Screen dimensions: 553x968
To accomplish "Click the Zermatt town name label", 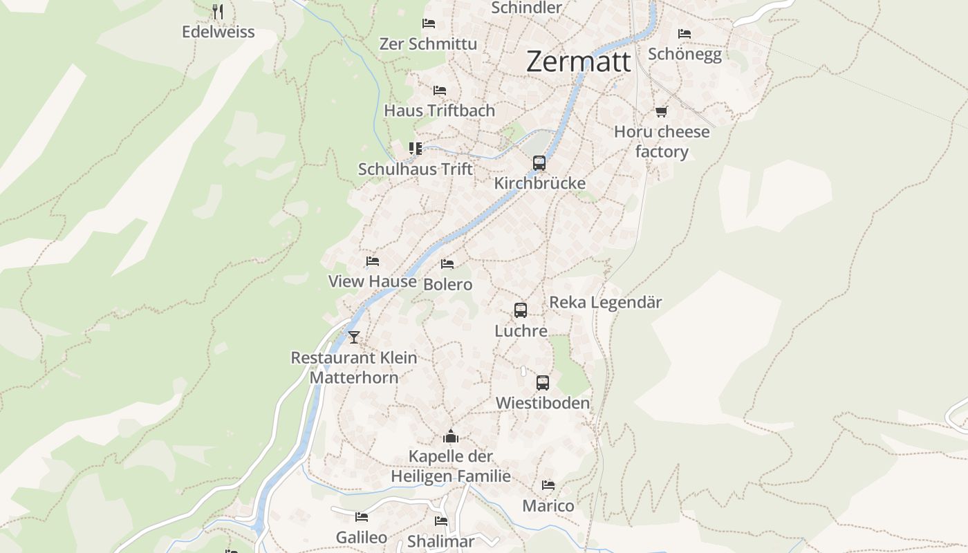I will [x=579, y=62].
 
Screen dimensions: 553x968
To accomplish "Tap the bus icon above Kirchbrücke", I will [x=539, y=163].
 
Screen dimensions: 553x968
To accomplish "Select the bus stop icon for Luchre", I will [x=521, y=310].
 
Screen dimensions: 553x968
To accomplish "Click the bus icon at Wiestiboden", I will [x=543, y=382].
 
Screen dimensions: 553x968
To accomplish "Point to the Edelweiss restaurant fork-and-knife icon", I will [x=218, y=12].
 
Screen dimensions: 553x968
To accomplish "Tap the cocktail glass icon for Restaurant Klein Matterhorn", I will [x=354, y=337].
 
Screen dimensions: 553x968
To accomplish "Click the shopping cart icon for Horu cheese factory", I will [x=662, y=111].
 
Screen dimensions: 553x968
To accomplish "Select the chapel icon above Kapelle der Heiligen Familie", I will [x=451, y=436].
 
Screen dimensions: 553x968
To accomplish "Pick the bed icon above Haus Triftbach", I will [x=439, y=91].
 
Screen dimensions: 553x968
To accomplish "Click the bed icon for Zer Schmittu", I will [x=429, y=24].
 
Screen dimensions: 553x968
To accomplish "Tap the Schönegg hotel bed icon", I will [x=685, y=33].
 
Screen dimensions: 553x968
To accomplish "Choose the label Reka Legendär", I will [x=605, y=302].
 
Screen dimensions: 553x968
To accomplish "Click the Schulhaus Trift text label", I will [x=416, y=169].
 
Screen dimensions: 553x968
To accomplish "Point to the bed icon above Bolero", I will [x=447, y=264].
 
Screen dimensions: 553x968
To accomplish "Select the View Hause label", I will [x=372, y=281].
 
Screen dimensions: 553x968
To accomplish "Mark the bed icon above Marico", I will [x=548, y=485].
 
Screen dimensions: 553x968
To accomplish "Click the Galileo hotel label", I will [x=362, y=537].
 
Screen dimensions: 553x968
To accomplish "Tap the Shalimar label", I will [x=441, y=541].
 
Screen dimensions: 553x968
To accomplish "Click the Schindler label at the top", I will [x=526, y=8].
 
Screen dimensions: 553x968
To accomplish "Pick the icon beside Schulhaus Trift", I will [x=415, y=149].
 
